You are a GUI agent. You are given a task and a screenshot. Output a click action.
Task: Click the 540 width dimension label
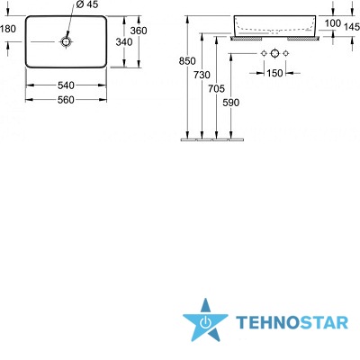[66, 85]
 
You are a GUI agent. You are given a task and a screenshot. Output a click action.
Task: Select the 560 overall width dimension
[66, 100]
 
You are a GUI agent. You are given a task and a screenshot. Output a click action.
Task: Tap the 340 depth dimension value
[124, 42]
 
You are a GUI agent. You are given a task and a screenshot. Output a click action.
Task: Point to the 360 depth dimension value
[139, 31]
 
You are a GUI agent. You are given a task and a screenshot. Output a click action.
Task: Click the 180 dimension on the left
[8, 29]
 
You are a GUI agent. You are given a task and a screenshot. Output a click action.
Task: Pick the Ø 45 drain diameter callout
[87, 4]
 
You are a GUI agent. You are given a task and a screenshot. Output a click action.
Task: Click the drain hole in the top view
[66, 41]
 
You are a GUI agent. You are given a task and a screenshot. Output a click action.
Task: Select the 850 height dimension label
[187, 61]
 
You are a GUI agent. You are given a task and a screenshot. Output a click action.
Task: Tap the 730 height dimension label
[202, 75]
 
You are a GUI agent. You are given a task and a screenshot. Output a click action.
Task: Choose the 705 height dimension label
[216, 88]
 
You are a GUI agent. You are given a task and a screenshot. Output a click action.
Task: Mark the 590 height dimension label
[230, 103]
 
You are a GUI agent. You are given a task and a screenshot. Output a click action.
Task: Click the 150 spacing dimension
[274, 73]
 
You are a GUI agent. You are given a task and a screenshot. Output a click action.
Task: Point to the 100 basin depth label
[333, 23]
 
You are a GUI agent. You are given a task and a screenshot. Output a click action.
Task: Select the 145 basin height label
[352, 27]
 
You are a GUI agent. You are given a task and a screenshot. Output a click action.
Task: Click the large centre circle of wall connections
[274, 54]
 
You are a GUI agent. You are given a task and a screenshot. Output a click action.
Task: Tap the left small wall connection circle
[264, 54]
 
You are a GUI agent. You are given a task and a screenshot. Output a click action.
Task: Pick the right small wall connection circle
[286, 54]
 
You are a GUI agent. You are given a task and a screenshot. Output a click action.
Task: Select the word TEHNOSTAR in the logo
[292, 323]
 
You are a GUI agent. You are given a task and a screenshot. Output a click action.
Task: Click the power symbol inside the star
[205, 322]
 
